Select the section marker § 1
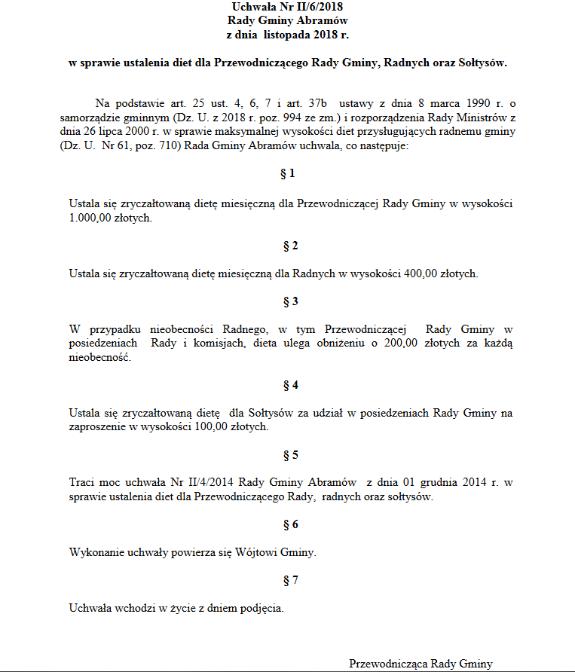click(287, 174)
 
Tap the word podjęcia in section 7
click(261, 608)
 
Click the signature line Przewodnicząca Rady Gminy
click(420, 664)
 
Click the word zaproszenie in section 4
click(98, 426)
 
